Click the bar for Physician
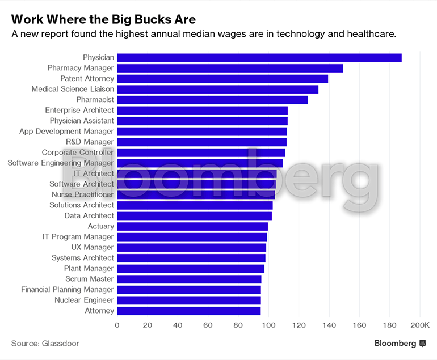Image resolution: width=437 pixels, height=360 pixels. point(259,57)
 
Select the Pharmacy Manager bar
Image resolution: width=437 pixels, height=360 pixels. point(229,68)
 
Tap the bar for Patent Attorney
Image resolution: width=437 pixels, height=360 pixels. point(222,79)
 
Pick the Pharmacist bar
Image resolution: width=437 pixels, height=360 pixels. point(212,100)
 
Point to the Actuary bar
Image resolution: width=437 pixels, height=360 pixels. point(192,226)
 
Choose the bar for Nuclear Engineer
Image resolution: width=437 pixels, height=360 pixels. point(188,300)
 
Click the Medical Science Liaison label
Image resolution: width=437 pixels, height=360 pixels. point(73,89)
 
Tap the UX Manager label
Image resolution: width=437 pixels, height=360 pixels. point(93,247)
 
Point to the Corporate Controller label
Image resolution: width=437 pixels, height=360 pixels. point(78,153)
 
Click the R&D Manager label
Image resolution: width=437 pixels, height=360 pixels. point(90,142)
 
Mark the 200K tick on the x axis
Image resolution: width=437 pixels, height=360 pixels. point(419,325)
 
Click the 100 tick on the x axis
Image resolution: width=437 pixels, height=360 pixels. point(268,325)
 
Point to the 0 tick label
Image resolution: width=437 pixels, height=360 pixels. point(117,325)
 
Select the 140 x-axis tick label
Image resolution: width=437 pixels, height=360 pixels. point(329,325)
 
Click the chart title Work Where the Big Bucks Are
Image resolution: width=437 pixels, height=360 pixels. point(103,19)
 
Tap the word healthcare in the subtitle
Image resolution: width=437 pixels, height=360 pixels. point(368,34)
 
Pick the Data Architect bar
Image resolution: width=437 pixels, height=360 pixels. point(194,215)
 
